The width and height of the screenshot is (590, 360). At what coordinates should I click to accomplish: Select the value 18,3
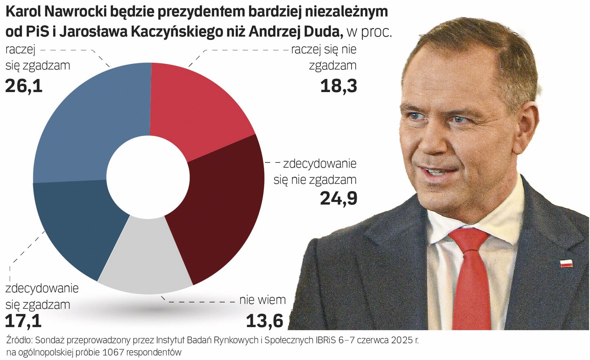(338, 86)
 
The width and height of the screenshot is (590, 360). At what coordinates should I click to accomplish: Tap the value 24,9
(338, 198)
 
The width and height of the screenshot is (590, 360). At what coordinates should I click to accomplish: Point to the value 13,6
(265, 321)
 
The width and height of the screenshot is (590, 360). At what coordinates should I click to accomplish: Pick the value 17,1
(23, 321)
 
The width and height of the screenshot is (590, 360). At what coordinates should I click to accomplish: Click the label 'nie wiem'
(263, 300)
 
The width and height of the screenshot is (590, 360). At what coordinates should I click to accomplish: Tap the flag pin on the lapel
(566, 263)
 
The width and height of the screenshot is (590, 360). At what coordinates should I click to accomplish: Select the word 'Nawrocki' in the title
(76, 12)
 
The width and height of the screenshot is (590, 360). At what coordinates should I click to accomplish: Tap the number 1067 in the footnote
(114, 352)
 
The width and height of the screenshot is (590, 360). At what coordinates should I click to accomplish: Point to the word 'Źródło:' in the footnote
(19, 340)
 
